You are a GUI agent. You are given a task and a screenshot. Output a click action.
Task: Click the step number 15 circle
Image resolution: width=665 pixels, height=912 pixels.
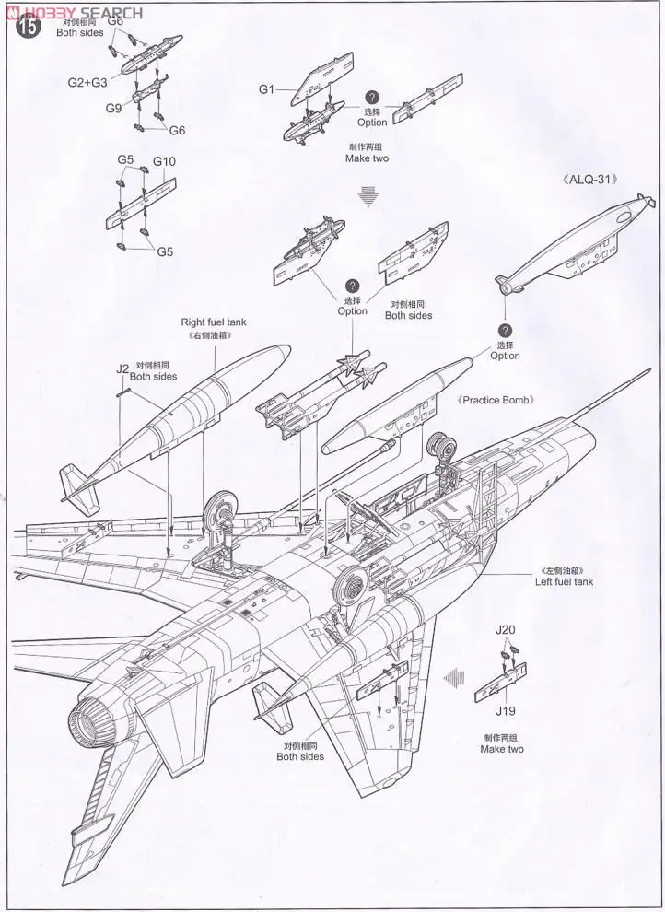pos(29,29)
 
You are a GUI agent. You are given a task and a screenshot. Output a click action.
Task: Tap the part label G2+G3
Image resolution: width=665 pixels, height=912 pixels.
pos(87,82)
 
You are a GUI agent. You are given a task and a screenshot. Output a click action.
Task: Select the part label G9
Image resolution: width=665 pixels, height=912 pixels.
pos(113,108)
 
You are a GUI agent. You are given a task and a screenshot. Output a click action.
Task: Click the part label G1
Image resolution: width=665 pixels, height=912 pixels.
pos(266,88)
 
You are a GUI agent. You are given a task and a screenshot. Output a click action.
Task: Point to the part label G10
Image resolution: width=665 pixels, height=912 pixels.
pos(164,161)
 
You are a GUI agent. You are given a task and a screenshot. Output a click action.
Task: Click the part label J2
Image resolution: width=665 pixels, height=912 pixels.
pos(122,368)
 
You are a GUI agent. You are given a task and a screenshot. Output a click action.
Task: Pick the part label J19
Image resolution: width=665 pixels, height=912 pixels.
pos(504,711)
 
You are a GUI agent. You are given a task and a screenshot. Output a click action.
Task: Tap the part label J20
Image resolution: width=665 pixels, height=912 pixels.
pos(506,631)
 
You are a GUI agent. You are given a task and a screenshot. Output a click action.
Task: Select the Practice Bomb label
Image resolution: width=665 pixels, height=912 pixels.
pos(496,401)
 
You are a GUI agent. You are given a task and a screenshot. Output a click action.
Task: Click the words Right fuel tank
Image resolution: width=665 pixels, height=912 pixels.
pos(214,322)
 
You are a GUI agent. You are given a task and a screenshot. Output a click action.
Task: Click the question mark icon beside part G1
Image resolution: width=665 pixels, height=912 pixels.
pos(372,97)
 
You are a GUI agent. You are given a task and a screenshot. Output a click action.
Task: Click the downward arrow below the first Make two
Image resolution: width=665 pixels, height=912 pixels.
pos(368,194)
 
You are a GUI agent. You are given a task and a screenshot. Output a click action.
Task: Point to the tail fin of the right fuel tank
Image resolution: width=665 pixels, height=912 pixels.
pos(79,485)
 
